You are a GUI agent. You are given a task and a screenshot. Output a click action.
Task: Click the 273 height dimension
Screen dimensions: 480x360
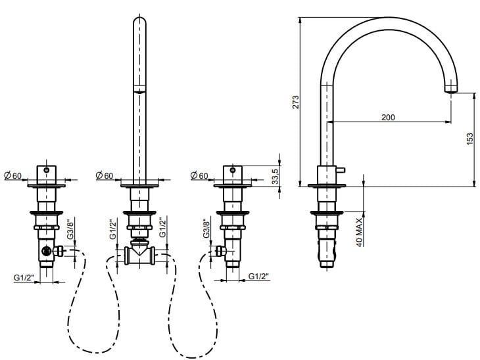click(x=296, y=102)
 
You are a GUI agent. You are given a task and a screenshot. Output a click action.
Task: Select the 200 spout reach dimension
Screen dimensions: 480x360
click(x=388, y=117)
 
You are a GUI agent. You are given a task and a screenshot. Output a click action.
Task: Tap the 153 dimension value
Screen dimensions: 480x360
click(x=469, y=139)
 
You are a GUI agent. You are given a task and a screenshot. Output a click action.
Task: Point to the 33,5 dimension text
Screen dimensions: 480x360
click(x=276, y=177)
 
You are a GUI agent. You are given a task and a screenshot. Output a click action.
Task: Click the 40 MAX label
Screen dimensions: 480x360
click(x=360, y=232)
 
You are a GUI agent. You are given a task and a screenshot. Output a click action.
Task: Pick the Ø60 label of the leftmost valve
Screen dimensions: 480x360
click(x=13, y=175)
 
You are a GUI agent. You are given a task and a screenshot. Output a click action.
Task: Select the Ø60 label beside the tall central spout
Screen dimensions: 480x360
click(x=105, y=175)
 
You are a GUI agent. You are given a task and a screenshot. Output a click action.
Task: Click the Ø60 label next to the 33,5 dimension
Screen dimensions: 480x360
click(x=199, y=175)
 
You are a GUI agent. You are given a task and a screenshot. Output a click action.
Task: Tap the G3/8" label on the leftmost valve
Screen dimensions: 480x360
click(x=70, y=229)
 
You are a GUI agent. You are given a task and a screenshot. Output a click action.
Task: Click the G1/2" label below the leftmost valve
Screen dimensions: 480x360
click(x=24, y=278)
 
